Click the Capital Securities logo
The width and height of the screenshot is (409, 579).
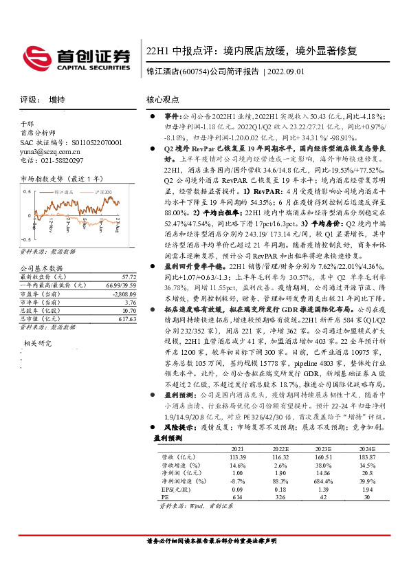coord(76,56)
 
